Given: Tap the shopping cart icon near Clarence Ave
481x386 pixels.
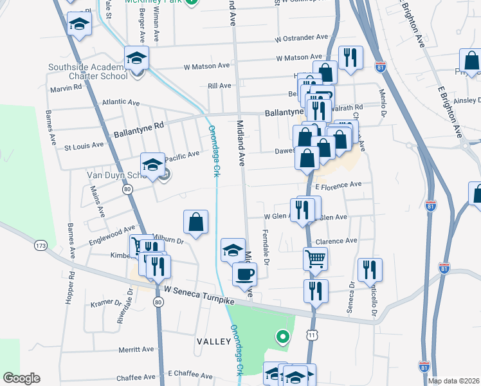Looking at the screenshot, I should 315,259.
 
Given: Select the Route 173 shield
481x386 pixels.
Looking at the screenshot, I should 42,246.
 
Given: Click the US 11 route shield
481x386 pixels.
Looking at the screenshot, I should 312,335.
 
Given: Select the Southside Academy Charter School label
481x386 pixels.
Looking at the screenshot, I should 86,73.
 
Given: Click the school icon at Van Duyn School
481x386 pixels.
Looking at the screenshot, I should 153,165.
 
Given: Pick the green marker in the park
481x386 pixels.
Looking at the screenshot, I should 282,336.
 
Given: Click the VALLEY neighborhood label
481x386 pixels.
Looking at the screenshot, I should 214,341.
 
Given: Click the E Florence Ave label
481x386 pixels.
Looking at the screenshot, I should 340,185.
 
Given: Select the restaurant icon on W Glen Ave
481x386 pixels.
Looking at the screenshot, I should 302,209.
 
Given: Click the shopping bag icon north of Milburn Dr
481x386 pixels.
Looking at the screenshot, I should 196,222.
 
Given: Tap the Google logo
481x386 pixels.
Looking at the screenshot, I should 21,378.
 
